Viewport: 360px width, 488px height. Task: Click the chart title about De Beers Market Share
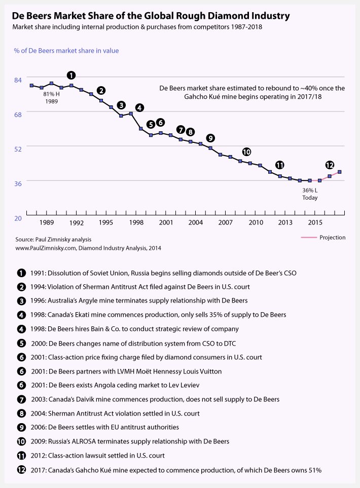[x=151, y=16]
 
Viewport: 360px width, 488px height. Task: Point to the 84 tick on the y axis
[x=18, y=80]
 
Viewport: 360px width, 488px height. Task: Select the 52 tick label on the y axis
[x=18, y=148]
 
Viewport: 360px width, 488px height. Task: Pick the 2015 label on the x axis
[x=315, y=222]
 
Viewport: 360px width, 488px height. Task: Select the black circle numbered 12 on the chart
[x=330, y=165]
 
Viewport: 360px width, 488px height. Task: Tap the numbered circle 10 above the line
[x=246, y=152]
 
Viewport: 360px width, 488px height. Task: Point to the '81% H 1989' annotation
[x=51, y=98]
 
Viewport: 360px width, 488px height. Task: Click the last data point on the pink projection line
[x=340, y=172]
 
